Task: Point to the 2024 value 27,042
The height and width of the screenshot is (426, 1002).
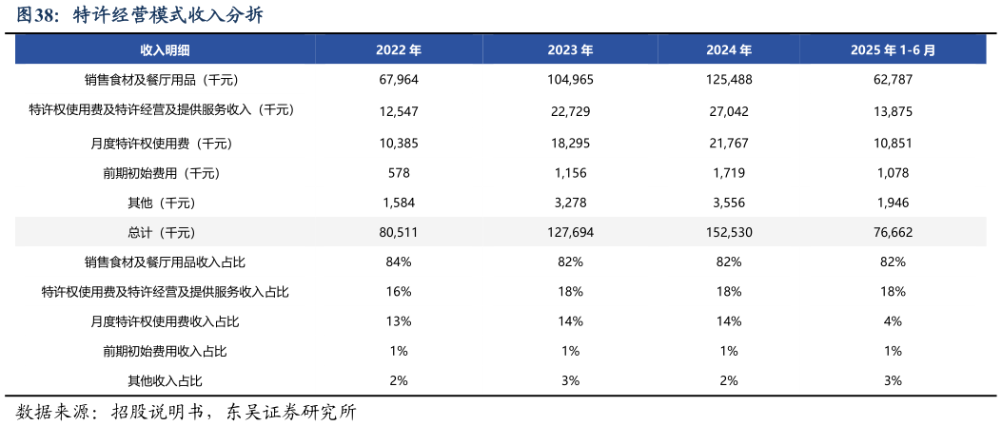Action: pyautogui.click(x=729, y=111)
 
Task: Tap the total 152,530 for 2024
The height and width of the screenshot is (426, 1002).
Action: pyautogui.click(x=729, y=233)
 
